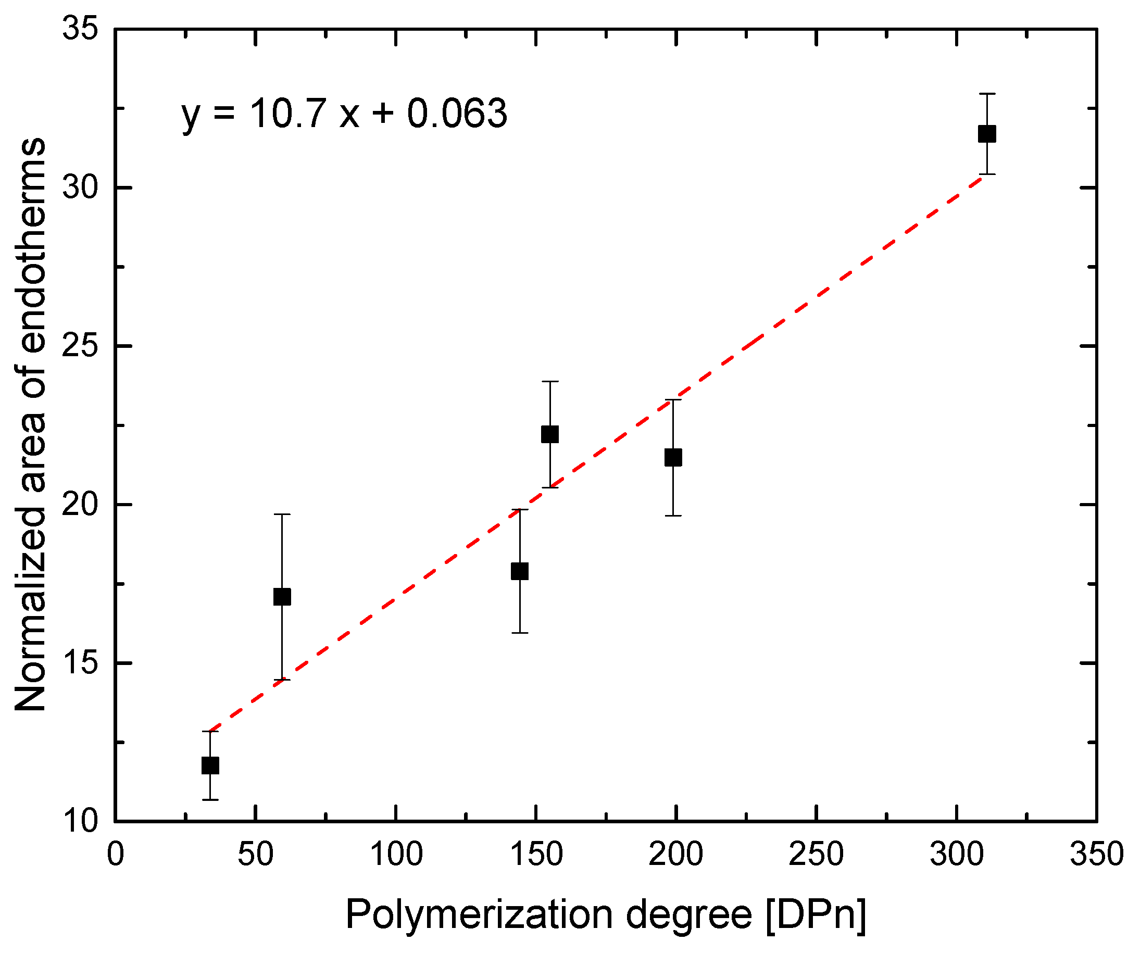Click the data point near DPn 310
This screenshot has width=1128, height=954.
click(986, 134)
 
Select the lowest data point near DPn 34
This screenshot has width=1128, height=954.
click(210, 766)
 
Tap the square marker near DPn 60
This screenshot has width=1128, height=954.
click(282, 597)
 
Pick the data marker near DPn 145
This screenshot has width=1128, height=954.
click(519, 572)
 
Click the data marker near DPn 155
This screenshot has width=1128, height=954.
click(549, 434)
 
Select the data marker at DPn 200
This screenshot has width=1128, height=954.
click(673, 458)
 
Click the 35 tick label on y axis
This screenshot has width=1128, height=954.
click(81, 28)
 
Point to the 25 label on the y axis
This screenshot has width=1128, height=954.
click(81, 346)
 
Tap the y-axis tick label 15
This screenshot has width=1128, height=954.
click(81, 663)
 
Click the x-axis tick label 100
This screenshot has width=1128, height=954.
click(396, 855)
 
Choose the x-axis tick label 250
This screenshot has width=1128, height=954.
click(816, 855)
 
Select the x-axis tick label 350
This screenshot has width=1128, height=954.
click(1096, 855)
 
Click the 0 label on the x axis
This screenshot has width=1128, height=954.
click(115, 855)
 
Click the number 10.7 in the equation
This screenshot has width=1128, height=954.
click(287, 114)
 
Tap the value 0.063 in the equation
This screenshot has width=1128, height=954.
click(457, 114)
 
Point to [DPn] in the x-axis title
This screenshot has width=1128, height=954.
click(816, 915)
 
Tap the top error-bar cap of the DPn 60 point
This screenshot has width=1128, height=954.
click(282, 514)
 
